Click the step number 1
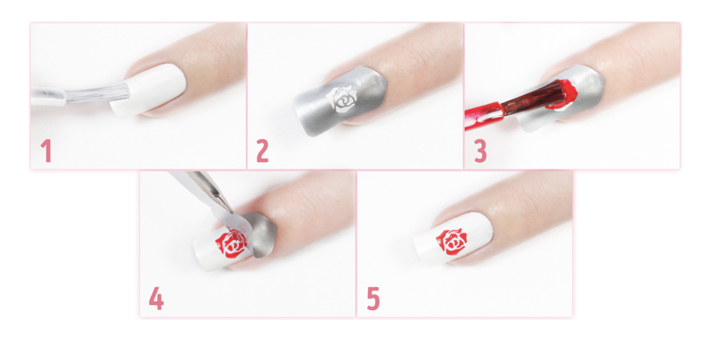46,151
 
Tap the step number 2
262,151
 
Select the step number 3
480,151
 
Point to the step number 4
156,299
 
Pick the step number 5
373,299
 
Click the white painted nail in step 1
149,89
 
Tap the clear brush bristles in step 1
98,94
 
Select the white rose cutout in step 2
342,98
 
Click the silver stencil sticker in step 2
340,100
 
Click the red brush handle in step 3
484,117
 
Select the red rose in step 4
231,245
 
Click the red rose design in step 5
451,242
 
